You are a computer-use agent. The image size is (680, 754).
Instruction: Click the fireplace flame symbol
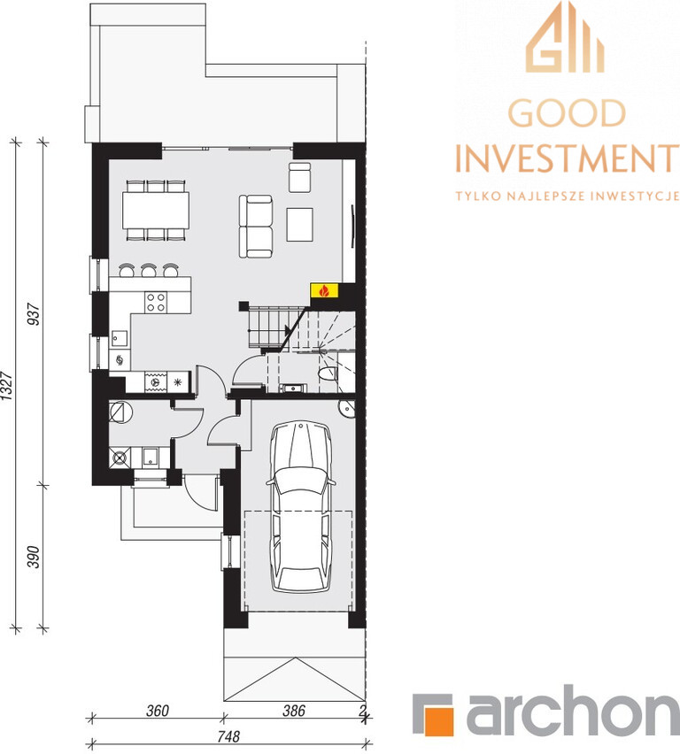coord(324,290)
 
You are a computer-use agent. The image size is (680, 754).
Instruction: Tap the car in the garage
coord(301,507)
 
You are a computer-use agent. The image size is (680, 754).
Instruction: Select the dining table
coord(156,210)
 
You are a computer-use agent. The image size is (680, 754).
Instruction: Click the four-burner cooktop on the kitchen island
coord(156,302)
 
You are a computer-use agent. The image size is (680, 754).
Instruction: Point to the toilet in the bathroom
coord(328,373)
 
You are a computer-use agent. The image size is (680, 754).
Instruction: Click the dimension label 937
coord(35,314)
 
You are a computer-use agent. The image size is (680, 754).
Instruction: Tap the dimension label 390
coord(34,557)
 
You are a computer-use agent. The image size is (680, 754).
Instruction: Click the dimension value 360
coord(158,711)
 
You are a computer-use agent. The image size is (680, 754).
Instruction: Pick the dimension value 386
coord(294,711)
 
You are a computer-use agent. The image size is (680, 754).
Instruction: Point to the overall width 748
coord(228,736)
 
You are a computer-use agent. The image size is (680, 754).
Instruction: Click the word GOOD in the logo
coord(567,113)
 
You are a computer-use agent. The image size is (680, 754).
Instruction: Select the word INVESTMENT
coord(567,158)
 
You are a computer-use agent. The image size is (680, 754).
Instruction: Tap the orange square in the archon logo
coord(438,721)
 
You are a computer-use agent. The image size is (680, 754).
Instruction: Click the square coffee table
coord(300,225)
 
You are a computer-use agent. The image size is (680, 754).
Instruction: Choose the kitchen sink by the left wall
coord(119,339)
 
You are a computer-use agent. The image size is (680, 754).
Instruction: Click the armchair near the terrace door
coord(299,178)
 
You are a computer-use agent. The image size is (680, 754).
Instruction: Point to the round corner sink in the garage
coord(347,409)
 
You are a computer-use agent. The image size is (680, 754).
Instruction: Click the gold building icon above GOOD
coord(565,36)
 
